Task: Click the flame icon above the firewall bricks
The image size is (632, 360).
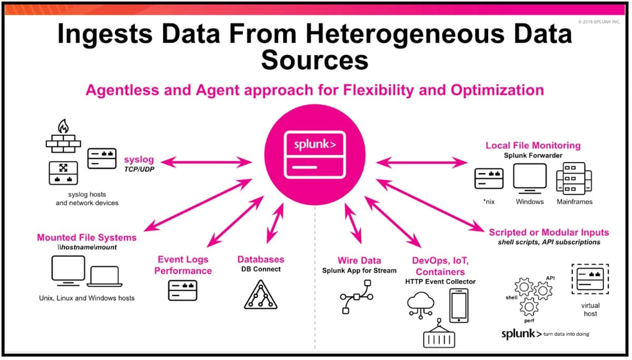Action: pos(64,126)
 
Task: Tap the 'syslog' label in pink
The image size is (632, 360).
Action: pos(139,159)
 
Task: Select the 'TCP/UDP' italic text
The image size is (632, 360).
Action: pos(140,169)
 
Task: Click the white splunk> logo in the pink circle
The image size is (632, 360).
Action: pos(315,144)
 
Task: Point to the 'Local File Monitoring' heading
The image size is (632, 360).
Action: pos(533,145)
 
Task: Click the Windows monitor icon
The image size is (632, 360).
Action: pos(530,179)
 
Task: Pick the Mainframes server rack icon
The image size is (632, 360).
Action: pos(574,178)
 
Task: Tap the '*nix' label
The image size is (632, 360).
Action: pos(489,202)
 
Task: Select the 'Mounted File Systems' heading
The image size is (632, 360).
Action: pos(87,237)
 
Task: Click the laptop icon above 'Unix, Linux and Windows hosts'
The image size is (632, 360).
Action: pos(104,276)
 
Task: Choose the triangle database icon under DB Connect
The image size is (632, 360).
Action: pos(261,295)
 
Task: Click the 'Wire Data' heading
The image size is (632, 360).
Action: pos(359,261)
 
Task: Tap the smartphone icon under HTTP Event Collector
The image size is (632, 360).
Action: pos(459,306)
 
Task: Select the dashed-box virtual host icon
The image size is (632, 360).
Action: pos(590,279)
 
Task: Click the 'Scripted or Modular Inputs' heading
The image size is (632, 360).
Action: pos(549,233)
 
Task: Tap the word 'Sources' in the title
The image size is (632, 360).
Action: pos(314,60)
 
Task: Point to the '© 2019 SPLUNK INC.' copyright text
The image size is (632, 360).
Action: pos(599,22)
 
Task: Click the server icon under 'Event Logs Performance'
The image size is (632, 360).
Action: pos(183,291)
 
